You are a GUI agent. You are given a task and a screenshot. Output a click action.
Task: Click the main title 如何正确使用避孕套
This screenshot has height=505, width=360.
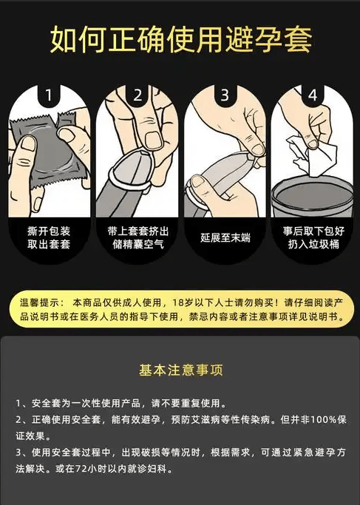click(180, 40)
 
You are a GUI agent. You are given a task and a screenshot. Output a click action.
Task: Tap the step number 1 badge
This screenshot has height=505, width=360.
click(49, 95)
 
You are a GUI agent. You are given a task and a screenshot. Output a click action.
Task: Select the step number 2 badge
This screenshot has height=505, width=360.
click(137, 95)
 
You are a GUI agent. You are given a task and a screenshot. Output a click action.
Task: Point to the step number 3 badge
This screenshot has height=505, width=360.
click(225, 95)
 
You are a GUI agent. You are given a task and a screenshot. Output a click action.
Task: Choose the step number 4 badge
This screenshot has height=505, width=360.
click(313, 95)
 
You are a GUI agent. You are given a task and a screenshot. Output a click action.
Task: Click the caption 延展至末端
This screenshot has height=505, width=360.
click(225, 237)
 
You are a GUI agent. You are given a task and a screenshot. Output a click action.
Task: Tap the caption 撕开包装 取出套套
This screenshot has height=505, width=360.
click(49, 237)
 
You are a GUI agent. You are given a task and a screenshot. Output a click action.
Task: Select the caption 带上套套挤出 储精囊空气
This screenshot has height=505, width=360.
click(137, 237)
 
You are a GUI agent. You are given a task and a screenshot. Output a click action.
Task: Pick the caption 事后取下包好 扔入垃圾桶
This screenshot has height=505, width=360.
click(313, 237)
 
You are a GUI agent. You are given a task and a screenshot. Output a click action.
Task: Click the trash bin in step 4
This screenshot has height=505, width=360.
click(312, 198)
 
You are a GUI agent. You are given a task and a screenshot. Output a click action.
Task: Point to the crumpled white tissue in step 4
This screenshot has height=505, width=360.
click(310, 156)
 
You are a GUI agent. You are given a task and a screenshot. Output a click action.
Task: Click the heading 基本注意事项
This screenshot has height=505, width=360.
click(180, 370)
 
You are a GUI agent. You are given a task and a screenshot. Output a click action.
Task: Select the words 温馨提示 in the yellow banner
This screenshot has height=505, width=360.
click(35, 302)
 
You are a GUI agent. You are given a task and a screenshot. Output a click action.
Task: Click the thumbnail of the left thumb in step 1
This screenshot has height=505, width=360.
click(28, 143)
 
